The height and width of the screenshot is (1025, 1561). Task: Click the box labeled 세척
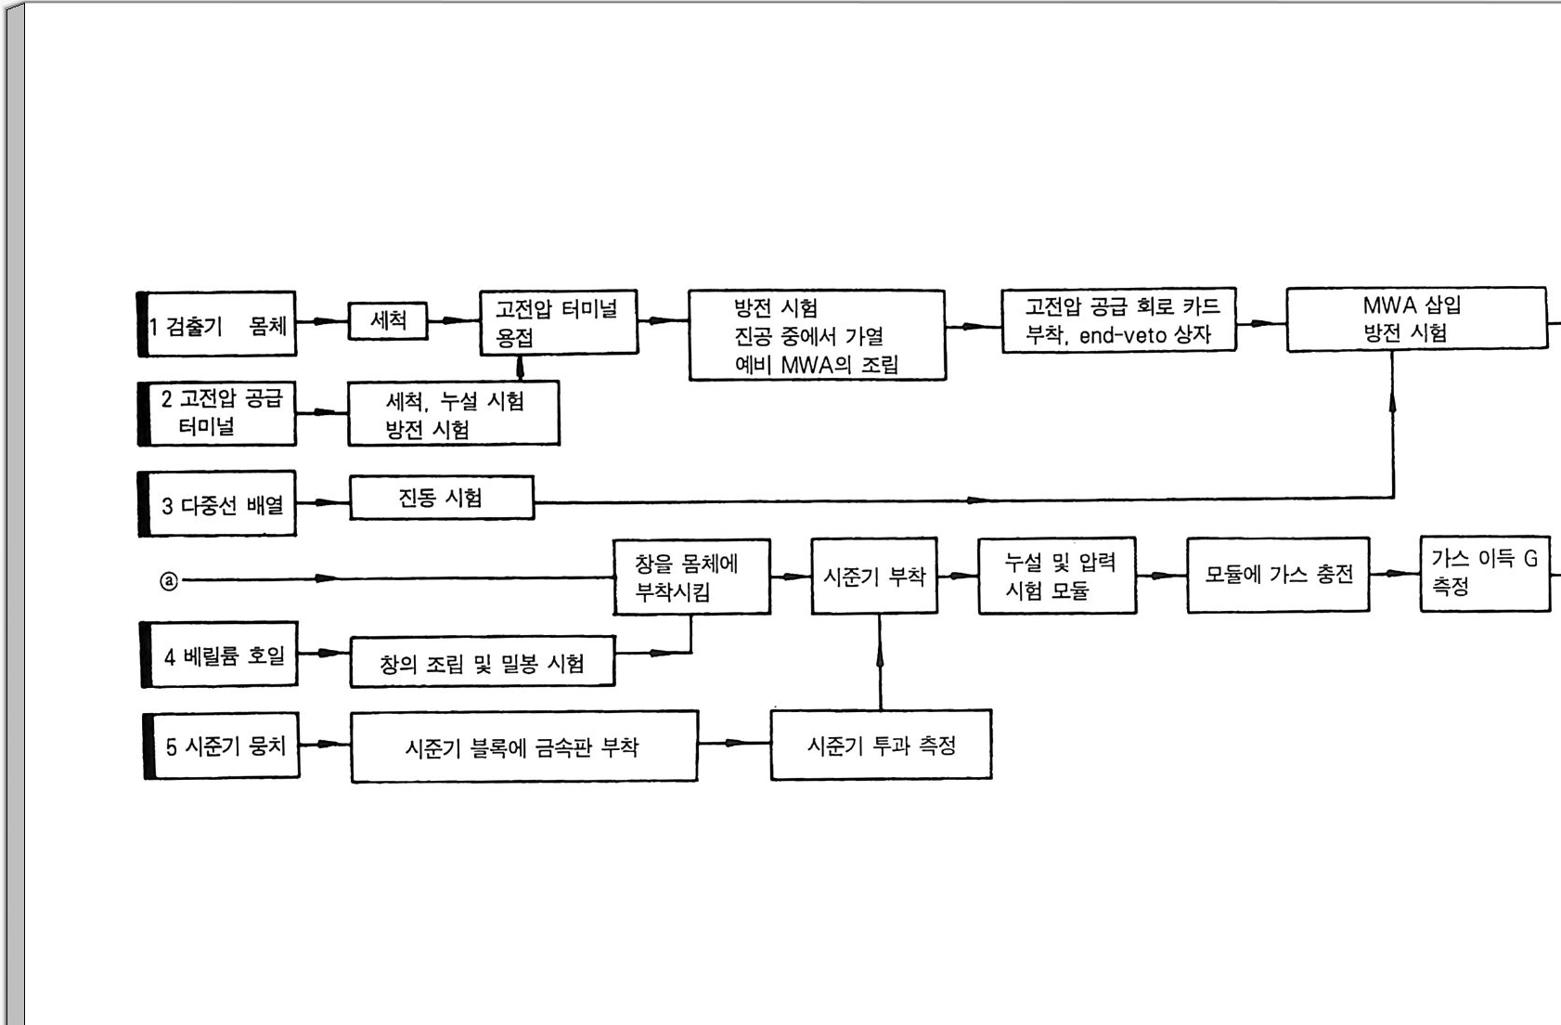pyautogui.click(x=388, y=321)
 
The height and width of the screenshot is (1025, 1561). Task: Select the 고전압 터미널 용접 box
pyautogui.click(x=558, y=322)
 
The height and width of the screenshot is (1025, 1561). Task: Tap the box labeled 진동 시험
pyautogui.click(x=441, y=498)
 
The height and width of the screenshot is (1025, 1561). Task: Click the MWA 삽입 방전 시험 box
pyautogui.click(x=1415, y=319)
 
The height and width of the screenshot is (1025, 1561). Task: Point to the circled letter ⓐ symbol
pyautogui.click(x=169, y=581)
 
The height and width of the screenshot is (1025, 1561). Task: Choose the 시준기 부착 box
pyautogui.click(x=873, y=577)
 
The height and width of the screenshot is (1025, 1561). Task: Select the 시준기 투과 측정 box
pyautogui.click(x=881, y=746)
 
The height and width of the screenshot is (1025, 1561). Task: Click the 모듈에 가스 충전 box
pyautogui.click(x=1278, y=575)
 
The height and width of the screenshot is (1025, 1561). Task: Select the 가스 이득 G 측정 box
pyautogui.click(x=1484, y=573)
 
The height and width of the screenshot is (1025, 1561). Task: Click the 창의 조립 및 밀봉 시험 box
pyautogui.click(x=482, y=662)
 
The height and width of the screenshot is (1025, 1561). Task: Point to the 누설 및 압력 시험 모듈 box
pyautogui.click(x=1057, y=576)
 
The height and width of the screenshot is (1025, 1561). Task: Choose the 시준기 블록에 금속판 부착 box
pyautogui.click(x=523, y=747)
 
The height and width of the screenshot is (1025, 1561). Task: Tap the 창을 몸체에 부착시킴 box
pyautogui.click(x=691, y=577)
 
